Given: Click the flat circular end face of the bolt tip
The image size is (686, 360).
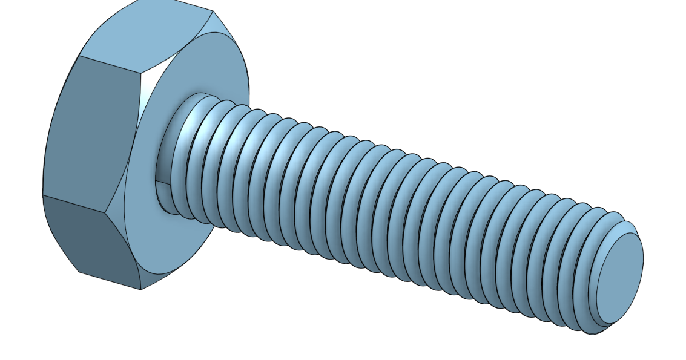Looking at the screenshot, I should click(x=619, y=278).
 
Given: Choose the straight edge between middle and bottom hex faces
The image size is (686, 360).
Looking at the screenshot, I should click(x=73, y=204).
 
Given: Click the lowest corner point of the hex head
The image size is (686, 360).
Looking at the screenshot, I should click(x=141, y=289).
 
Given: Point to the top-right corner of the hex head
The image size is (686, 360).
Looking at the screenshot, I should click(x=213, y=11).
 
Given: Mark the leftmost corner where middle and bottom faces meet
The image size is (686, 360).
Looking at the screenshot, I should click(x=42, y=195).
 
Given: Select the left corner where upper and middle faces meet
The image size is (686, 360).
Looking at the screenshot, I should click(x=79, y=56).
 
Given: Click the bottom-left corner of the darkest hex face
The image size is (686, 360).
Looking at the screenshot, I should click(x=79, y=272).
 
